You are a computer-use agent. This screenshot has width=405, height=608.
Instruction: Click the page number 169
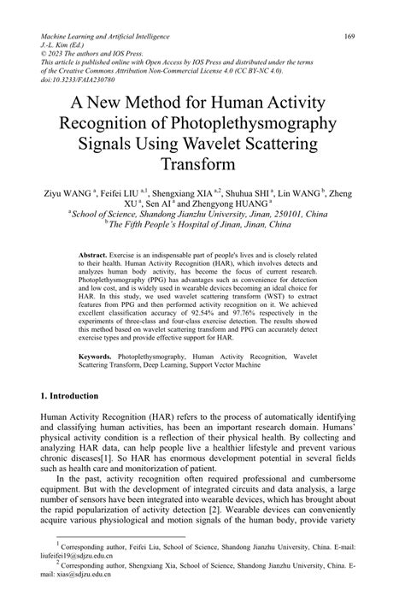pyautogui.click(x=349, y=38)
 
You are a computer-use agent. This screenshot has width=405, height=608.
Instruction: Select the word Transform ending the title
pyautogui.click(x=202, y=163)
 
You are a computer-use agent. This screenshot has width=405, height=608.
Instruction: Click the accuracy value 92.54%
pyautogui.click(x=237, y=314)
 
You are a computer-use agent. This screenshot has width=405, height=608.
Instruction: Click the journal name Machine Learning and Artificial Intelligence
pyautogui.click(x=105, y=38)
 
